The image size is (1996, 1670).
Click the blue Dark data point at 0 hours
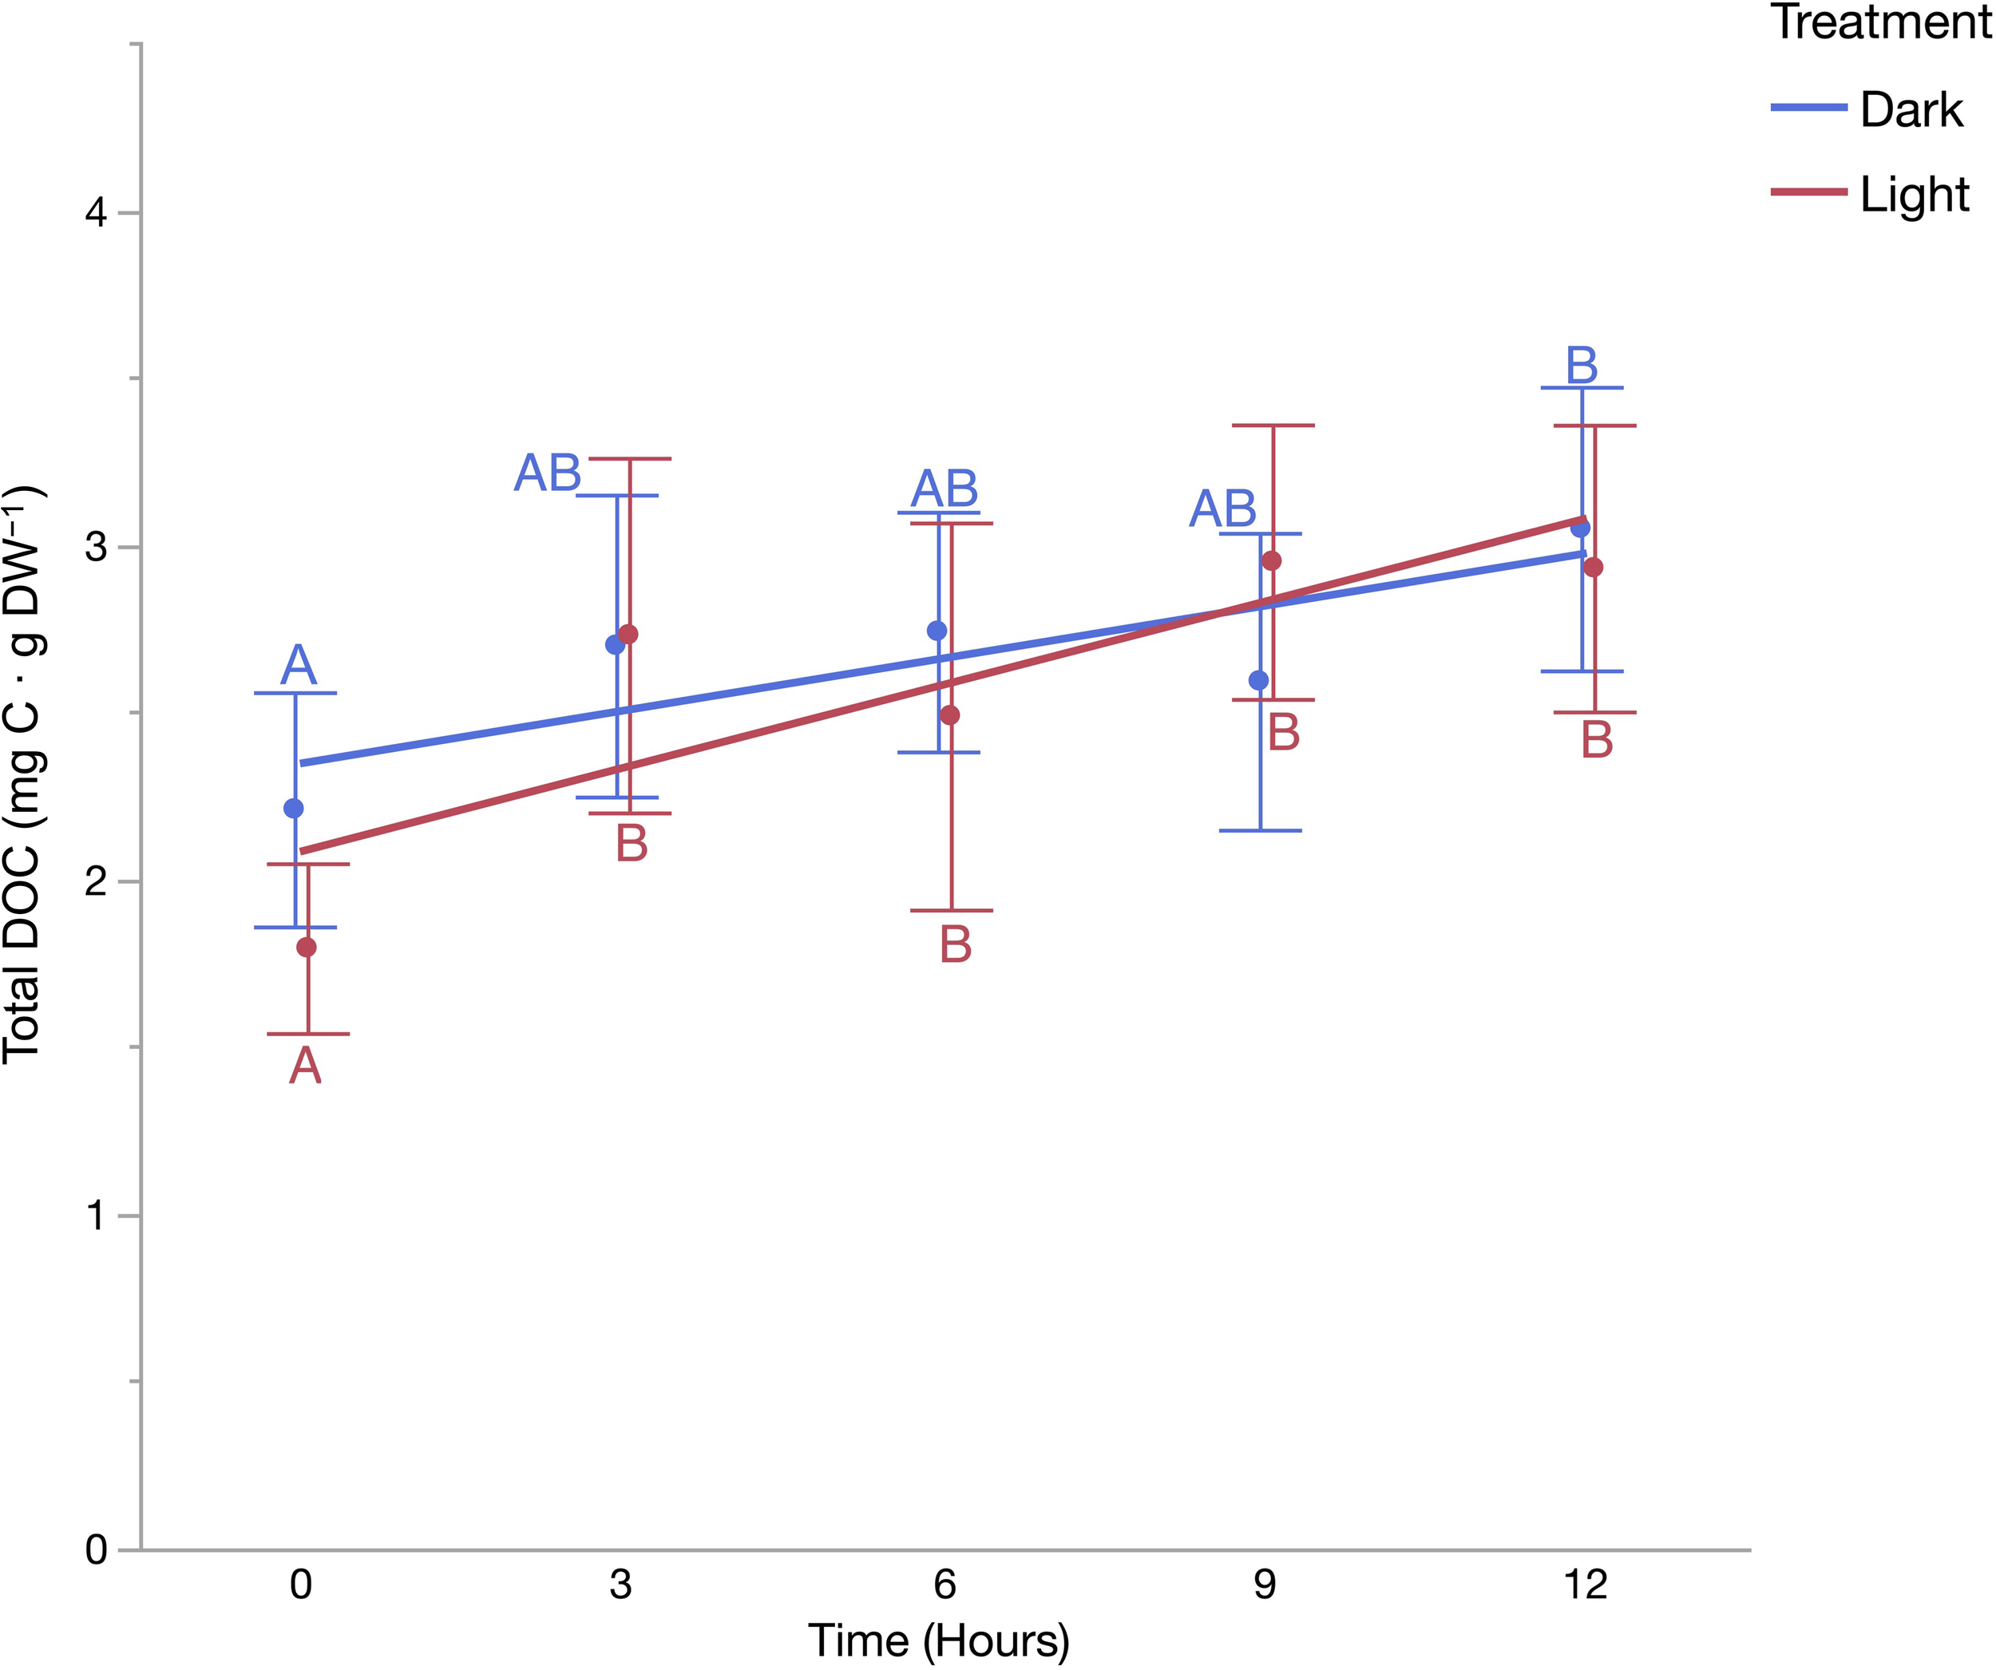pos(294,808)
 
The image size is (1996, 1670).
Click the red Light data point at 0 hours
pos(306,947)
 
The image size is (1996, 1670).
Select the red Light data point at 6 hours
pos(949,714)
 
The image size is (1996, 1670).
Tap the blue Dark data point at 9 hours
pos(1258,679)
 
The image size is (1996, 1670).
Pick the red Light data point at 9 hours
pos(1271,560)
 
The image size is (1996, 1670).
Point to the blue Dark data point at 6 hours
pos(937,630)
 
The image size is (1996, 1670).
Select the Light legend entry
pos(1913,194)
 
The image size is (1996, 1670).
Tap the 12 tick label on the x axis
pos(1585,1585)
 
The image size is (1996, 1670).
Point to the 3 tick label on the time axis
pos(620,1585)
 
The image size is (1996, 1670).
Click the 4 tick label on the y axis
pos(96,213)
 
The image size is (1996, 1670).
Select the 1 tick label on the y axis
pos(96,1216)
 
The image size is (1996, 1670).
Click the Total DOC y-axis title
pos(23,774)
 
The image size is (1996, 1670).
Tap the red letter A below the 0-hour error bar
pos(305,1066)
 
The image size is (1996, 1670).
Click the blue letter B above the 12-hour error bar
pos(1582,365)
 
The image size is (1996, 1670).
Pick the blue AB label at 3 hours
pos(548,473)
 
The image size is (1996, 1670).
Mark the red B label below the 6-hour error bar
pos(955,944)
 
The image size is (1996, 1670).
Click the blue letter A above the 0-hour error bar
pos(298,664)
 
